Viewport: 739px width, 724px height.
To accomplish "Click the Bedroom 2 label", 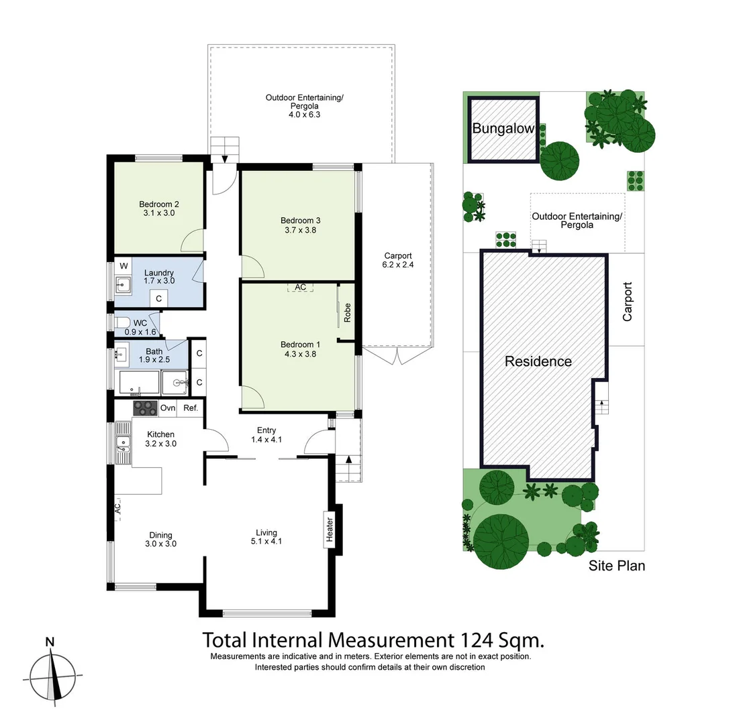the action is point(159,204).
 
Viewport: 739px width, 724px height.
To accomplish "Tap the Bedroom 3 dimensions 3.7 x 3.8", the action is point(297,230).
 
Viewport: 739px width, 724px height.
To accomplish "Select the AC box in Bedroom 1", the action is point(300,287).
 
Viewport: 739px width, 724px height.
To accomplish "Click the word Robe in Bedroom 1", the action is point(348,314).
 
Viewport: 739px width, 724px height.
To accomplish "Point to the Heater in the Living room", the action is point(330,529).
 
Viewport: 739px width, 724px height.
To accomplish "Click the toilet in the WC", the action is point(121,322).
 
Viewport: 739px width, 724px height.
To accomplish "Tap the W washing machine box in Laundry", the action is point(124,266).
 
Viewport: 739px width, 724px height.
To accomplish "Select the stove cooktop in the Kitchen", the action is point(145,408).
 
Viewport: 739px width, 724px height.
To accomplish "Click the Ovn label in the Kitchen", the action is point(168,408).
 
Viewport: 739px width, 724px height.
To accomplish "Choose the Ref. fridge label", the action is point(191,408).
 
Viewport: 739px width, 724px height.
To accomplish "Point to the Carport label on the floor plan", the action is point(398,255).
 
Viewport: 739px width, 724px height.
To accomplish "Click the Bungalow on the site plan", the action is point(503,129).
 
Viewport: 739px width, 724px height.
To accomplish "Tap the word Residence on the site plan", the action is point(538,362).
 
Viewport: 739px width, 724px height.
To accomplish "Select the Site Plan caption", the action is point(616,566).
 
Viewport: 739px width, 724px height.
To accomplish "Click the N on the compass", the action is point(50,642).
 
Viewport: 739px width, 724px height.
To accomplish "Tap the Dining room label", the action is point(161,535).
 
